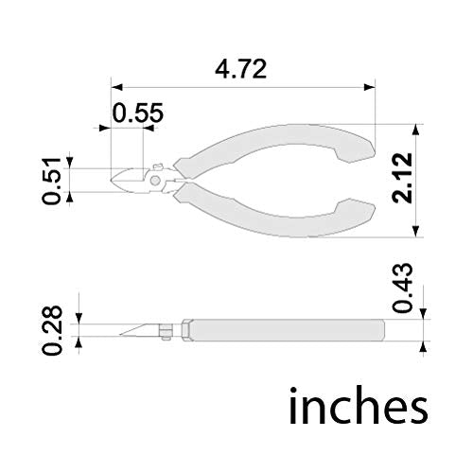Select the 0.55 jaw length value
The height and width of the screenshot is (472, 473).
click(138, 112)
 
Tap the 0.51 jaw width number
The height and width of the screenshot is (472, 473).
click(53, 180)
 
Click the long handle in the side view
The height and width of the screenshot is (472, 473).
click(284, 329)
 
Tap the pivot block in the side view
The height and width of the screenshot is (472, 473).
click(167, 329)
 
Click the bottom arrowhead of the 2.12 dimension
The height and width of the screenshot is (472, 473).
click(419, 236)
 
